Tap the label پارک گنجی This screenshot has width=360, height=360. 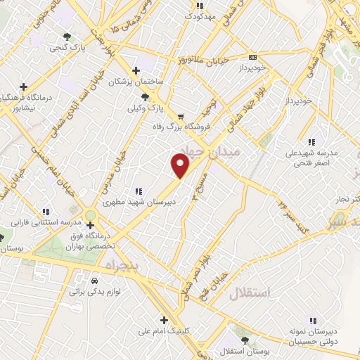(63, 48)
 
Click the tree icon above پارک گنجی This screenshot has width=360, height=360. (67, 37)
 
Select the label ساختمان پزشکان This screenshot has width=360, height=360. (135, 82)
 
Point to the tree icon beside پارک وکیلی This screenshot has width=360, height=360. (146, 97)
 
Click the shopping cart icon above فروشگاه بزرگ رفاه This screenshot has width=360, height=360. (181, 117)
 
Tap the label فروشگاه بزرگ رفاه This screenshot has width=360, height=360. (176, 127)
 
